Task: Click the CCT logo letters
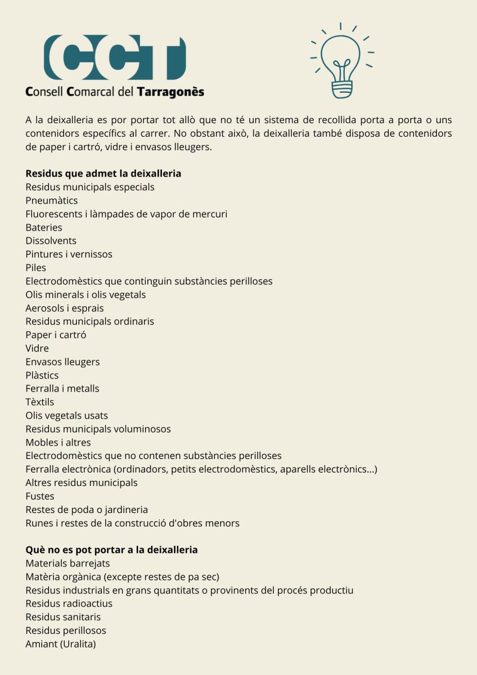tap(115, 58)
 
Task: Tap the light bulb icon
tap(341, 62)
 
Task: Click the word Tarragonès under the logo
tap(171, 92)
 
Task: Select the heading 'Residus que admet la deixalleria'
tap(103, 173)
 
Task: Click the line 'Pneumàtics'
tap(52, 200)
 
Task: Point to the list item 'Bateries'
tap(44, 227)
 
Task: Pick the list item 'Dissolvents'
tap(51, 241)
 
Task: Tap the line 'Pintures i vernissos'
tap(69, 254)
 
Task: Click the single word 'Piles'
tap(36, 268)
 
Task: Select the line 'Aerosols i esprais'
tap(65, 308)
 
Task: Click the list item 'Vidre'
tap(37, 348)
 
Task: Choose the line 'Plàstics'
tap(42, 375)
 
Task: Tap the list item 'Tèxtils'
tap(40, 402)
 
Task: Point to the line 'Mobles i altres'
tap(58, 443)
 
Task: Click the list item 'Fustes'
tap(40, 496)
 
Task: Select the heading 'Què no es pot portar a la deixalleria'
tap(111, 550)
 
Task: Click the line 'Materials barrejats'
tap(67, 563)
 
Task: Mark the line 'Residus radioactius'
tap(69, 604)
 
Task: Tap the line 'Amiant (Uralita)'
tap(61, 644)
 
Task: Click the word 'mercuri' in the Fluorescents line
tap(209, 214)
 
